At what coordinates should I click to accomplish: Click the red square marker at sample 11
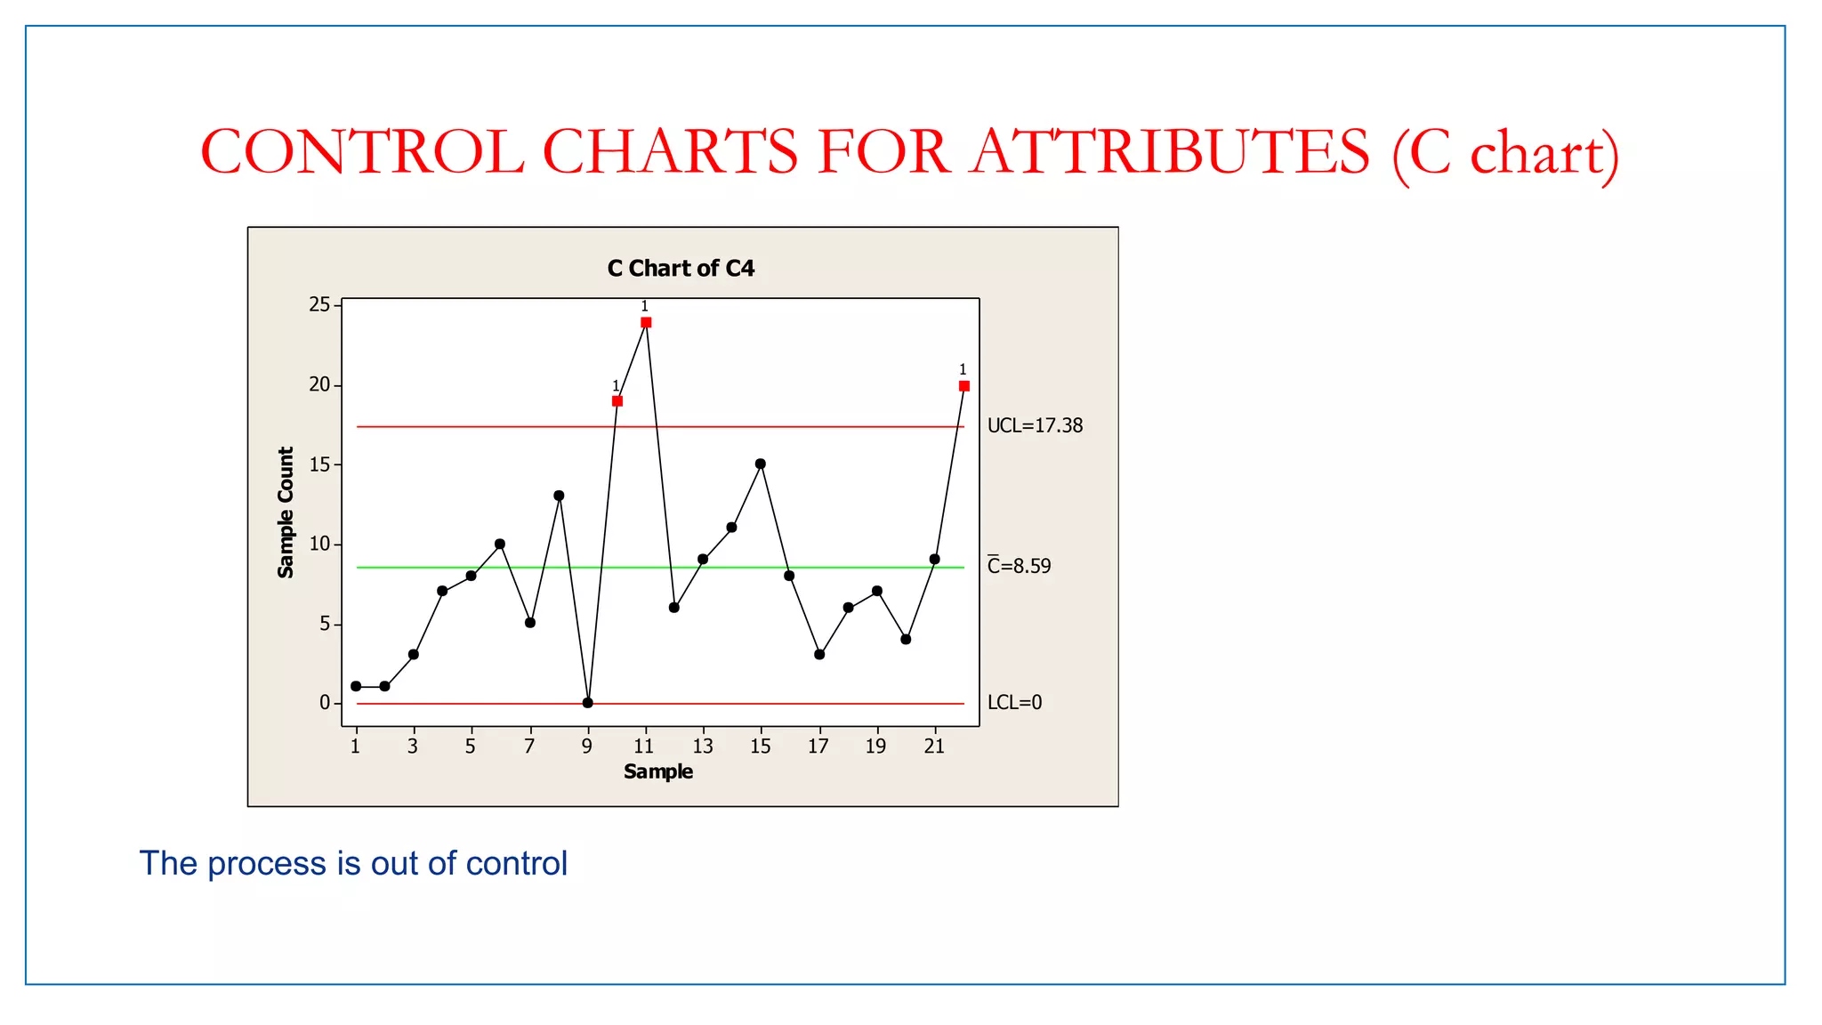646,322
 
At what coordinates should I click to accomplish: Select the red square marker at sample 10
617,401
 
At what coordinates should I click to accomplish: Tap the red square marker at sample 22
964,386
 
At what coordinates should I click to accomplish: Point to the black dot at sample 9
588,703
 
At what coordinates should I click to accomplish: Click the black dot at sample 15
761,464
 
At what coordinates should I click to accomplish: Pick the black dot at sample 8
559,496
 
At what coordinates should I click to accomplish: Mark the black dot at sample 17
819,655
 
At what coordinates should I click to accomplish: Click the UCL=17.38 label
1035,426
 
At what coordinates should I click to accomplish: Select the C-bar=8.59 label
1020,566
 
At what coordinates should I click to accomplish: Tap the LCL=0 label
1014,703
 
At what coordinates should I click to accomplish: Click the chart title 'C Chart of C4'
681,269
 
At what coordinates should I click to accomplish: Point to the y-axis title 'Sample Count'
286,512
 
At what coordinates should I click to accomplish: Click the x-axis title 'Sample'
658,771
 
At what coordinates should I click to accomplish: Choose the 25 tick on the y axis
319,305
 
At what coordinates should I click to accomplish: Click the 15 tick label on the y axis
319,464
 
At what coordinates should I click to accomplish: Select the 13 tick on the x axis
703,747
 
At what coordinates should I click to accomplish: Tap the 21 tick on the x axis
934,747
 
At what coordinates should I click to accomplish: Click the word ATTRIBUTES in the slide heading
1171,153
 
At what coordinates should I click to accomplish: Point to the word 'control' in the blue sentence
516,864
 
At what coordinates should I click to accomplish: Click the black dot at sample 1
356,686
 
